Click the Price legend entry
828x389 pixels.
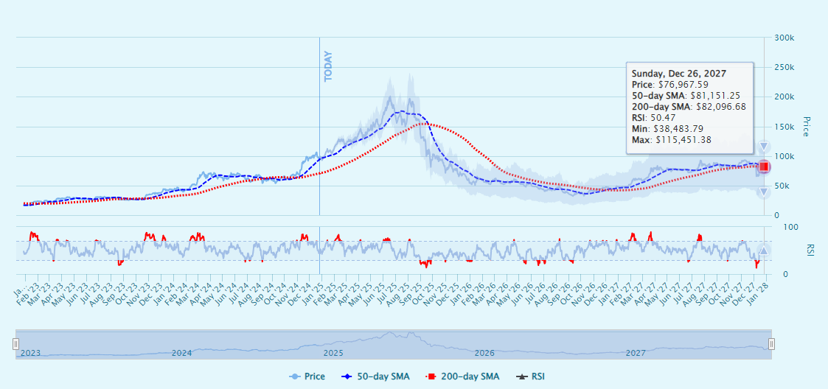[x=307, y=376]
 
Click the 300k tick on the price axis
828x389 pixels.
[x=784, y=38]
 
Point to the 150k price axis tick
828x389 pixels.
[x=784, y=97]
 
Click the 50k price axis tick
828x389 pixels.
[x=782, y=186]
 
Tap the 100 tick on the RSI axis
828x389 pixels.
[x=781, y=228]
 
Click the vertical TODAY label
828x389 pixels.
[x=329, y=66]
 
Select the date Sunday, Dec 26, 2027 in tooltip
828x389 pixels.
[x=678, y=74]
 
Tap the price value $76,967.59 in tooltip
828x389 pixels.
[x=683, y=85]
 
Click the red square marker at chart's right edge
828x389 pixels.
[x=764, y=167]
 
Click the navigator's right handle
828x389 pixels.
[x=771, y=344]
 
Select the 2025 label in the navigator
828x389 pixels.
[x=333, y=353]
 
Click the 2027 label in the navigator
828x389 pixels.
[x=636, y=353]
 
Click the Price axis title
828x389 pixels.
[x=805, y=127]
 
